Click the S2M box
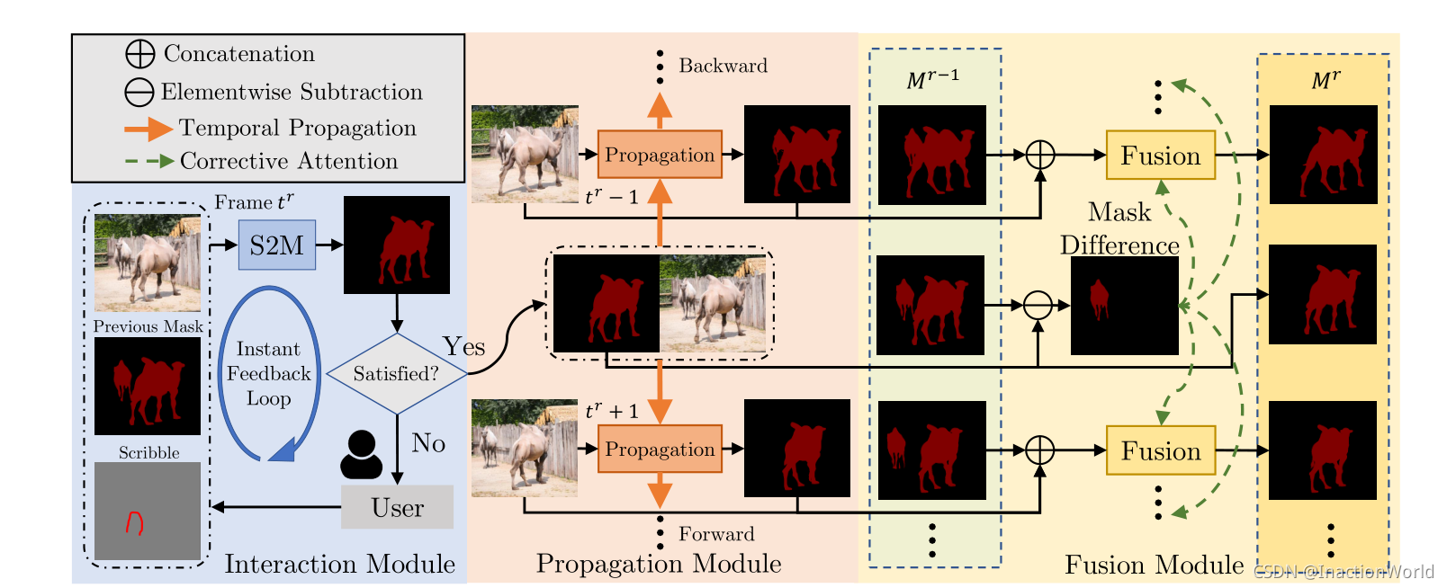pos(277,245)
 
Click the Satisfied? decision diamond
pos(396,373)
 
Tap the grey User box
pos(397,507)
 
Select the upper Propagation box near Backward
pos(660,155)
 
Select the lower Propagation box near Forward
pos(660,449)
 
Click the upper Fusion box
pos(1160,155)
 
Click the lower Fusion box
pos(1160,450)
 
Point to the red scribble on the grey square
pos(134,521)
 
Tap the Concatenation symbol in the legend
pos(140,54)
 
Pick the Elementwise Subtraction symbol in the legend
pos(139,92)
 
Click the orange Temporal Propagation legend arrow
pos(148,129)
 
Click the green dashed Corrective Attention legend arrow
pos(148,162)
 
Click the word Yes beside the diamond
pos(463,346)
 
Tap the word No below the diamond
pos(428,442)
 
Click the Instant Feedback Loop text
pos(268,373)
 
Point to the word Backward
pos(723,66)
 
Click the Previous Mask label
pos(148,326)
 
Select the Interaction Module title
pos(339,564)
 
